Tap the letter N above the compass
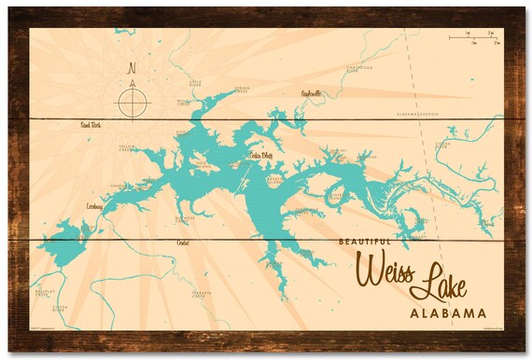tap(132, 68)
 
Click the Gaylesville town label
tap(311, 93)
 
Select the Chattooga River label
tap(360, 68)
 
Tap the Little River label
tap(196, 84)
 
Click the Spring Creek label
tap(241, 90)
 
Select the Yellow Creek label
tap(128, 148)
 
